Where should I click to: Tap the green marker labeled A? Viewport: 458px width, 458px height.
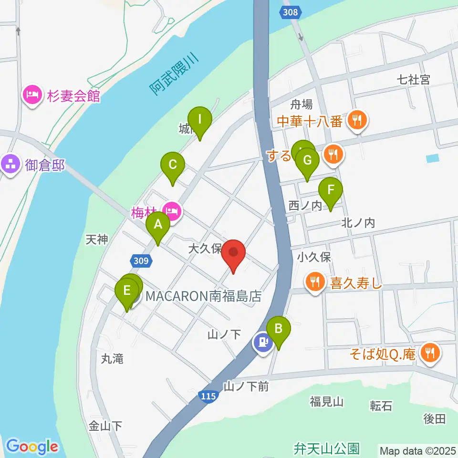click(x=158, y=225)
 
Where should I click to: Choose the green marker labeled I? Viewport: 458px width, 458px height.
click(x=200, y=120)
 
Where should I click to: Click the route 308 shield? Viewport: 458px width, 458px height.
click(x=291, y=12)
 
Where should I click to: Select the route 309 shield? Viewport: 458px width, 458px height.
click(x=142, y=260)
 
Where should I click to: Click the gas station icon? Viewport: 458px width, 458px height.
click(x=262, y=342)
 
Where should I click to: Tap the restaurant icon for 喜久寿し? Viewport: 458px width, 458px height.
click(x=315, y=282)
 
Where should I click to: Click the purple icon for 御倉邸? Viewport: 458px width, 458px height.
click(x=11, y=165)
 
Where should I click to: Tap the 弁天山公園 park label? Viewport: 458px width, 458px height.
click(x=326, y=448)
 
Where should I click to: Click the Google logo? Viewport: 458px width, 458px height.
click(x=32, y=447)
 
